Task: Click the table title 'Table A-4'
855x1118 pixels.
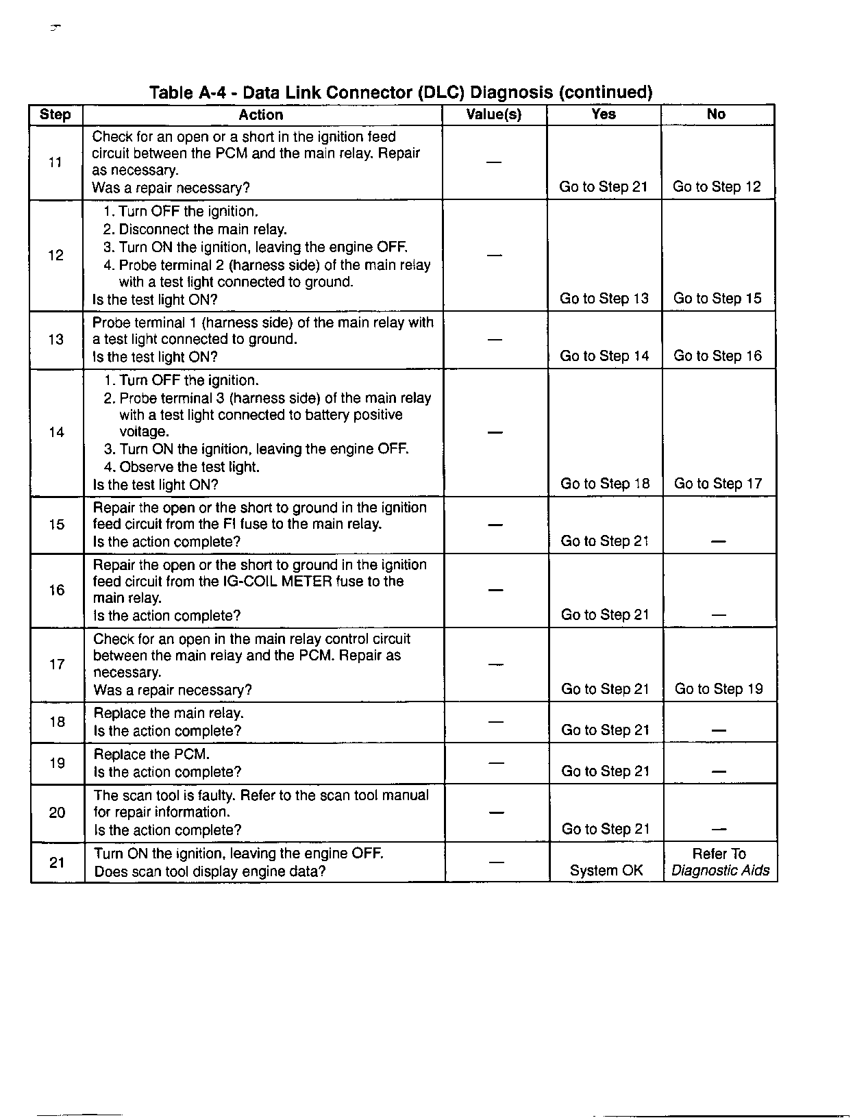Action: tap(400, 92)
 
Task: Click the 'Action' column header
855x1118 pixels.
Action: tap(261, 115)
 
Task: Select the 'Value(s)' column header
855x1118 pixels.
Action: tap(494, 114)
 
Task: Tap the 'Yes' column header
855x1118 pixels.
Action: tap(604, 114)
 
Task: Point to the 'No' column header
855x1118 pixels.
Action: tap(716, 114)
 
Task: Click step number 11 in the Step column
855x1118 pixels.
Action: tap(55, 162)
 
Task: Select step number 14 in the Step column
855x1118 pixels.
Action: tap(57, 432)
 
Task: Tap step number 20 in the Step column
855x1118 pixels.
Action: tap(58, 812)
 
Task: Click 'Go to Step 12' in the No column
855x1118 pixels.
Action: tap(717, 187)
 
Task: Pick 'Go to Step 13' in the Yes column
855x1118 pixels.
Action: tap(604, 299)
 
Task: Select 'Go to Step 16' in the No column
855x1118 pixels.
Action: tap(717, 356)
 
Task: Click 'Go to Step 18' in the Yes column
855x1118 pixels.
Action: tap(605, 484)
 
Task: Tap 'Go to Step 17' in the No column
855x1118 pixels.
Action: tap(718, 484)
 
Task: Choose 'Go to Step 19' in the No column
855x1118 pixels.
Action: tap(719, 689)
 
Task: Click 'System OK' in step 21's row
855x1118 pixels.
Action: tap(606, 871)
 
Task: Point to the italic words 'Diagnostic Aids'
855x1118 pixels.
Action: tap(720, 871)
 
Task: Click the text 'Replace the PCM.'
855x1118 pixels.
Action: tap(151, 754)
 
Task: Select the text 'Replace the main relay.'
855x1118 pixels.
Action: tap(169, 713)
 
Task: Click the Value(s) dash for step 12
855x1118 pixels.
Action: tap(494, 256)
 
